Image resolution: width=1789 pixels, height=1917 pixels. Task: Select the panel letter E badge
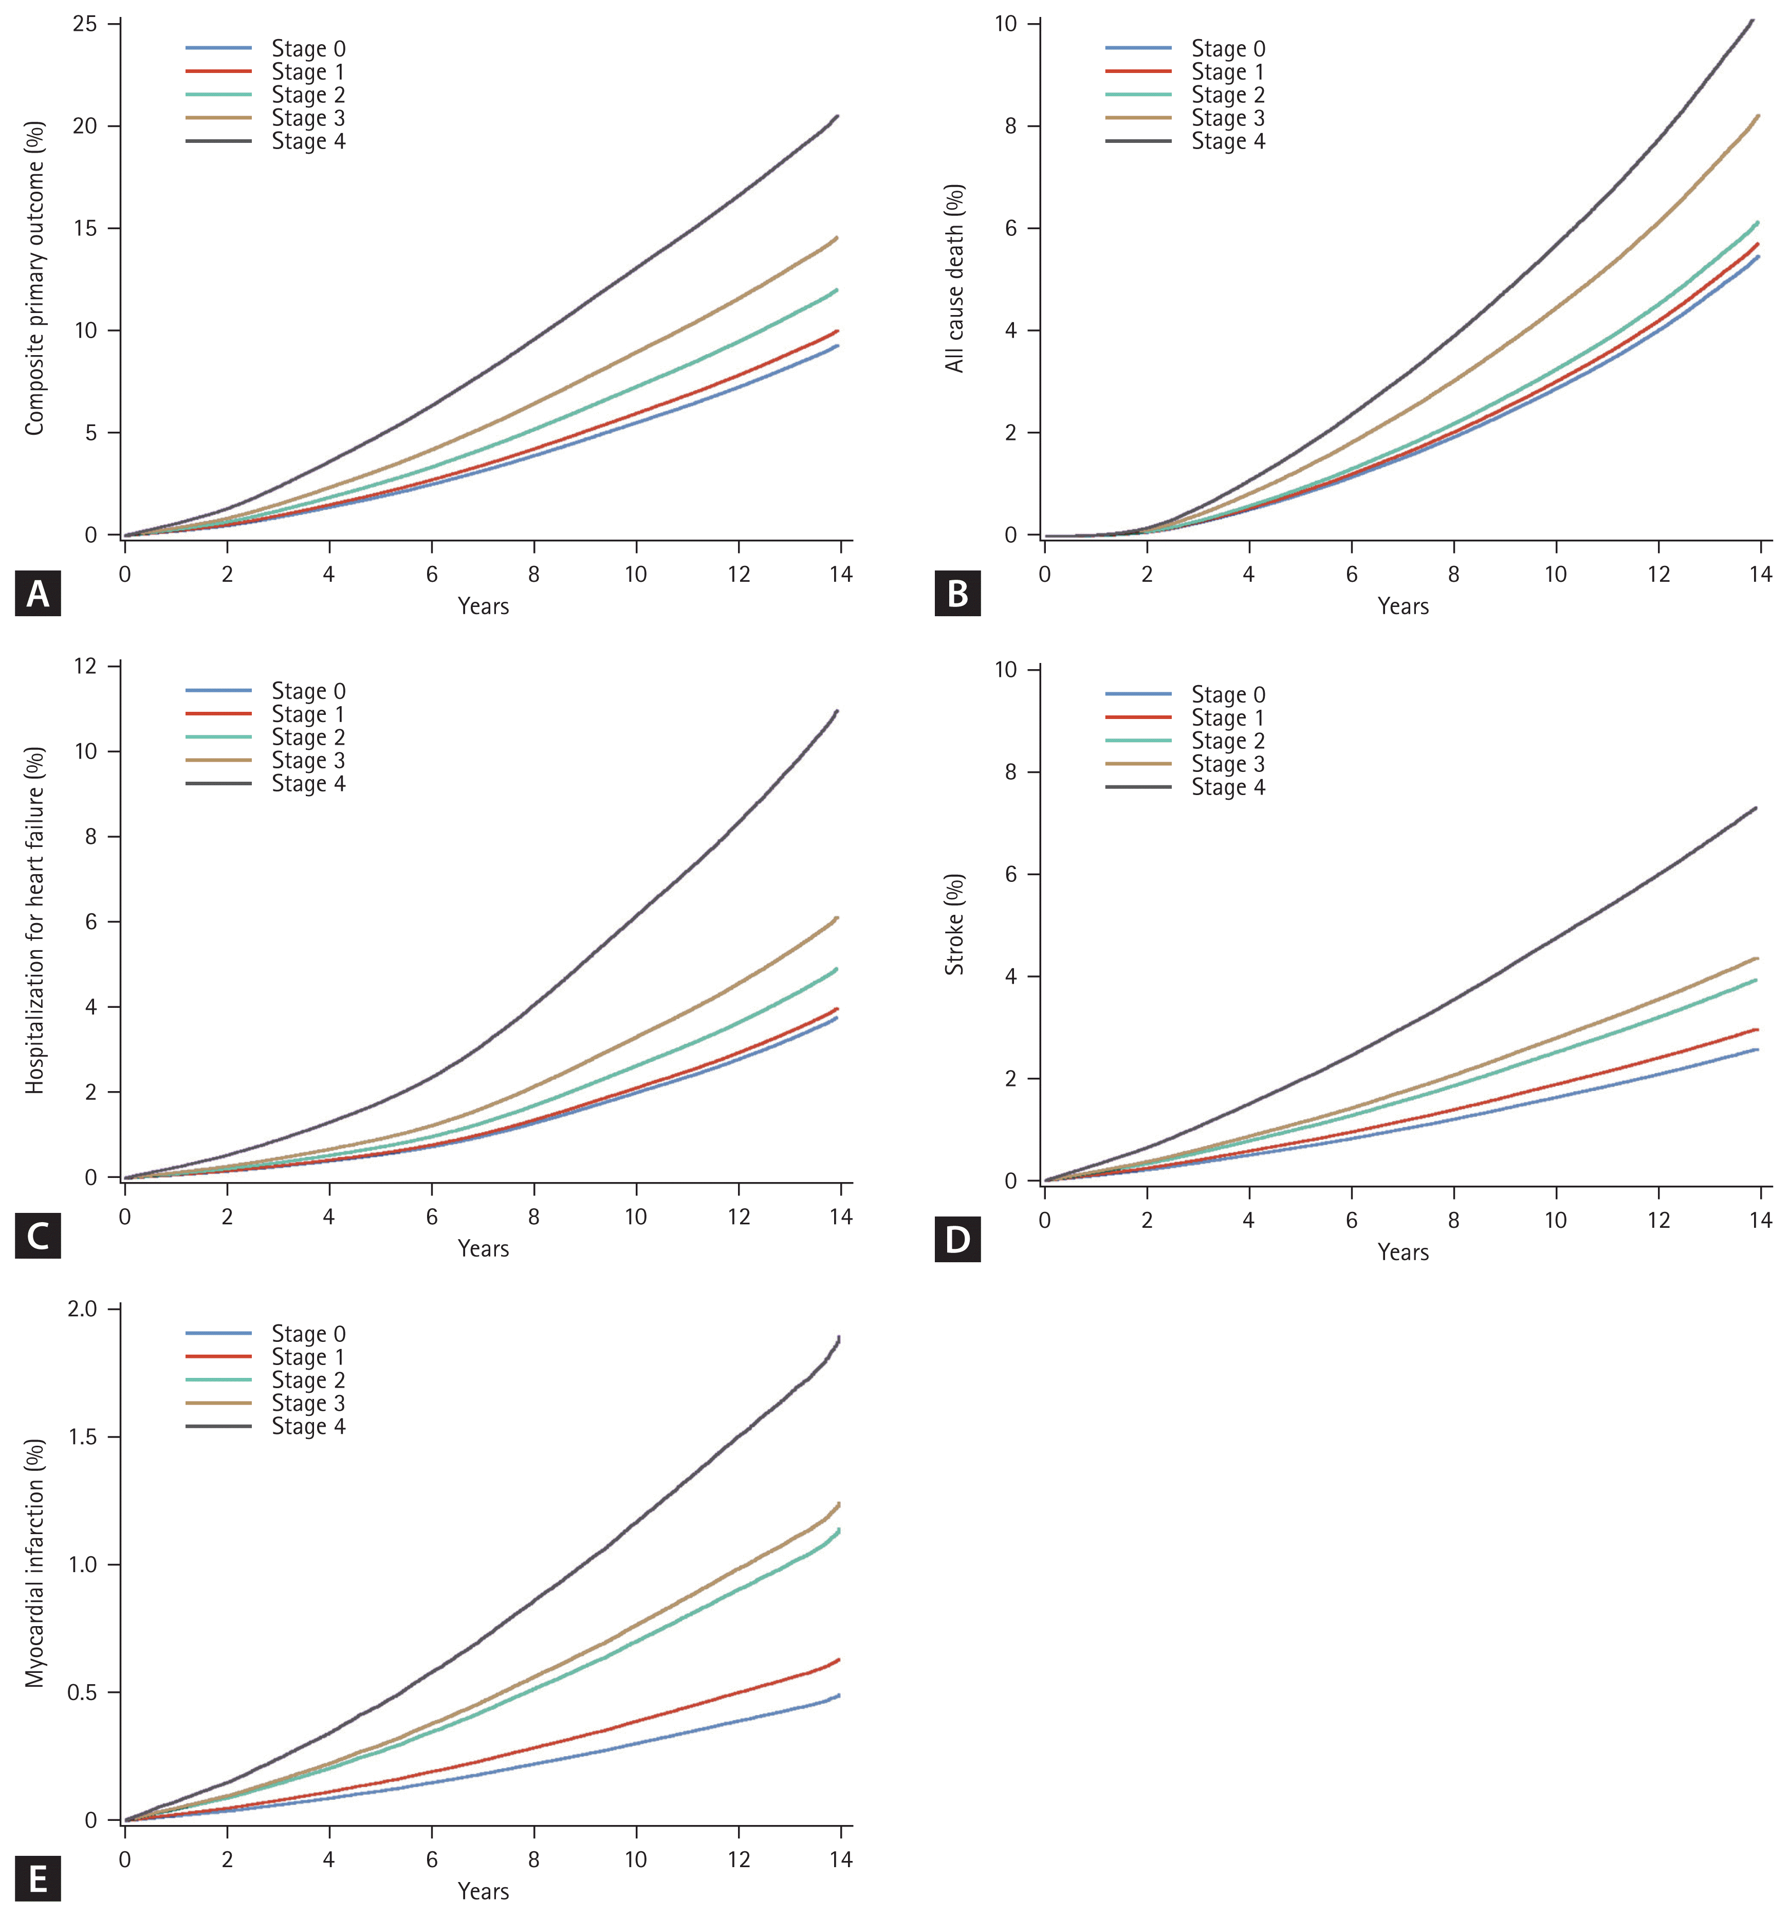pos(38,1879)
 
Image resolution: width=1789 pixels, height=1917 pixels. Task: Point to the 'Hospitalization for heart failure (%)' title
pos(35,921)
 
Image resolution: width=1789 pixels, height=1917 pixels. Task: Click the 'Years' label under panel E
pos(483,1891)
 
